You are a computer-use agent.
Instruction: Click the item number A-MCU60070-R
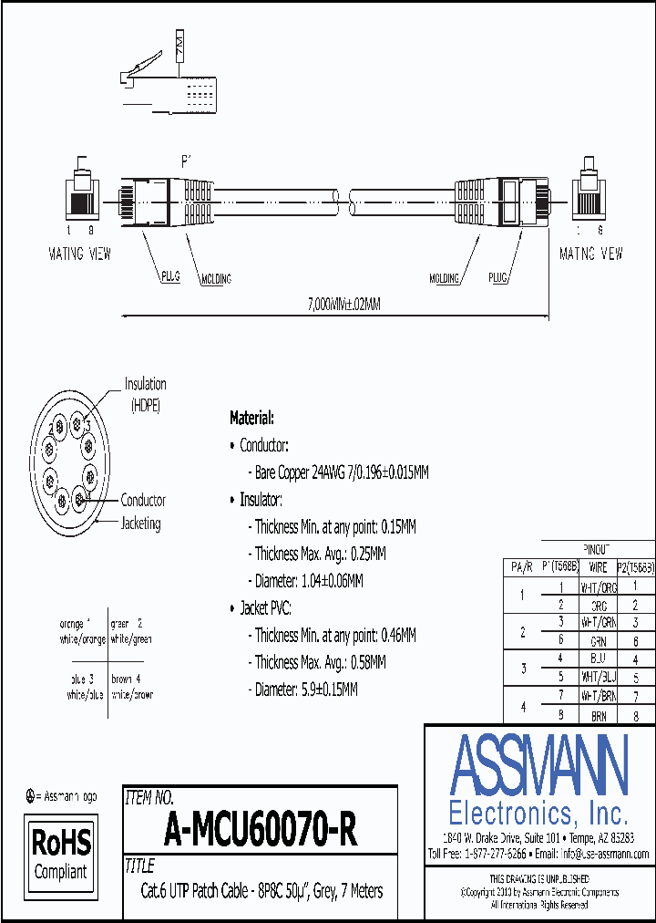pyautogui.click(x=261, y=831)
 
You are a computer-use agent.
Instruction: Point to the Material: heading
pyautogui.click(x=251, y=418)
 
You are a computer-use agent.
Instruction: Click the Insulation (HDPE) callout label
pyautogui.click(x=146, y=394)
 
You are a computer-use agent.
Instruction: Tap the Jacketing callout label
pyautogui.click(x=141, y=524)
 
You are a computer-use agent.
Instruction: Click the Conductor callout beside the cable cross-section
pyautogui.click(x=143, y=500)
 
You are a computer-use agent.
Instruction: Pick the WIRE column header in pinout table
pyautogui.click(x=598, y=567)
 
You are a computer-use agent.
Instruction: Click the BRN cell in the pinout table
pyautogui.click(x=598, y=717)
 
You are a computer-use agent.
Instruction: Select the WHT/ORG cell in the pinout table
pyautogui.click(x=598, y=586)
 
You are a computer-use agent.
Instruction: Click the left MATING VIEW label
pyautogui.click(x=79, y=254)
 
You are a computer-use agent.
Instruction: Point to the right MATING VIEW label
pyautogui.click(x=590, y=254)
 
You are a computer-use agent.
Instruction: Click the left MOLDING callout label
pyautogui.click(x=216, y=278)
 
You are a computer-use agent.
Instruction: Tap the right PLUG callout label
pyautogui.click(x=498, y=278)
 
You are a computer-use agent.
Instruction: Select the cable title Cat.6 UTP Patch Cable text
pyautogui.click(x=261, y=891)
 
